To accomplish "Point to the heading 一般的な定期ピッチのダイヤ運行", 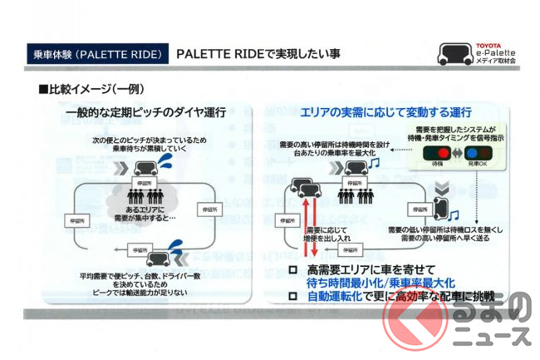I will point(146,112).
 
